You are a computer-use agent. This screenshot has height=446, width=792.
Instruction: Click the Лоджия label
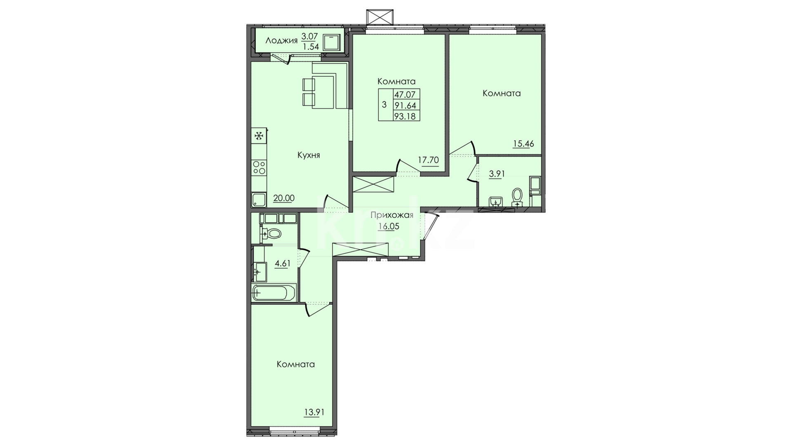click(281, 40)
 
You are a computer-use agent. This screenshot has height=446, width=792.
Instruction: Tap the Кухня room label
click(309, 155)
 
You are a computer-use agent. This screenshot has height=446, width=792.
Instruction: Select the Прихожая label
click(391, 215)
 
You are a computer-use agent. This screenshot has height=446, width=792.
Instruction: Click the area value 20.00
click(284, 198)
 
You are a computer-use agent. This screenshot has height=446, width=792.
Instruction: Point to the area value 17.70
click(429, 160)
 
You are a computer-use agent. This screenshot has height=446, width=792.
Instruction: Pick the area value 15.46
click(523, 144)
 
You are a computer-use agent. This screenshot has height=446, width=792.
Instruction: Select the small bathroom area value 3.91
click(497, 174)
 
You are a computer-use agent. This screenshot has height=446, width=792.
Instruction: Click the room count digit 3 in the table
click(384, 104)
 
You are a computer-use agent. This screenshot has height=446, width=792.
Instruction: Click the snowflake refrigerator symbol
click(259, 136)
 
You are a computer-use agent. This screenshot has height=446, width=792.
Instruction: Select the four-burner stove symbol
click(259, 167)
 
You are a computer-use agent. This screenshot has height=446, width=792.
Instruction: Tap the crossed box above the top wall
click(379, 17)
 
